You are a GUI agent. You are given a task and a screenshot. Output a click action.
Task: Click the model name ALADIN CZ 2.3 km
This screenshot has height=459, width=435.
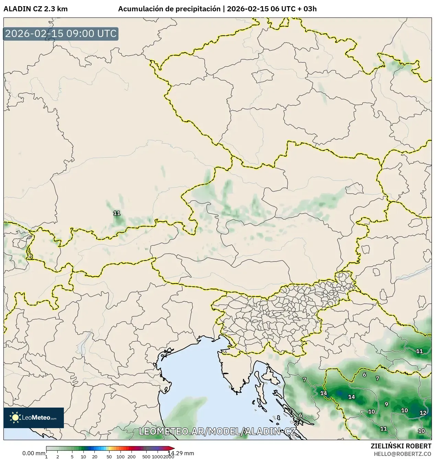tap(35, 9)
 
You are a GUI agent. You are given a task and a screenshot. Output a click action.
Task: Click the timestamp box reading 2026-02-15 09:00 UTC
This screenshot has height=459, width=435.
tap(61, 34)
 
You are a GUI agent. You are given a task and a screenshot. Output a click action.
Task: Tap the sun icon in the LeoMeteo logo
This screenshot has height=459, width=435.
tap(15, 417)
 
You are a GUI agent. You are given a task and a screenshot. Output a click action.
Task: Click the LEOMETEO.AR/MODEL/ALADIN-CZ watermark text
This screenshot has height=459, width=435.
tap(217, 431)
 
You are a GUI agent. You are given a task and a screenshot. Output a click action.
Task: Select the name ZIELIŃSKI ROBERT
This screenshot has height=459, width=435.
tap(401, 446)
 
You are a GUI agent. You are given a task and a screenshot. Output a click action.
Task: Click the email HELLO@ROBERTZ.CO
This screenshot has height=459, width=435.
tap(402, 454)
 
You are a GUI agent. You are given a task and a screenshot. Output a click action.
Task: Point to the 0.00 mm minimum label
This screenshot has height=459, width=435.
tap(33, 453)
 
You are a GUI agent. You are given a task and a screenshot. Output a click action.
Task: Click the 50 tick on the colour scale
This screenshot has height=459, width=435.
tap(109, 457)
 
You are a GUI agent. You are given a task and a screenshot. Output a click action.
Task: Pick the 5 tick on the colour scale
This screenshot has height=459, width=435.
tap(72, 457)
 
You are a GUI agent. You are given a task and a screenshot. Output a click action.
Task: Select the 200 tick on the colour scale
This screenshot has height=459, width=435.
tap(131, 457)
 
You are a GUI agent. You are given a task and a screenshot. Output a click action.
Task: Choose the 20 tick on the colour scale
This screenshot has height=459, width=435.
tap(95, 457)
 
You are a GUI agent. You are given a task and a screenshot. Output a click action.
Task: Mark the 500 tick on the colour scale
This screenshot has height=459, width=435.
tap(146, 457)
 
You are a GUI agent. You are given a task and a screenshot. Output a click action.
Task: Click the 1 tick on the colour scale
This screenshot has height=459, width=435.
tap(46, 457)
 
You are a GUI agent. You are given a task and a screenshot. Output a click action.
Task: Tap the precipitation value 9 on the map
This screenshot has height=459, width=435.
tap(386, 404)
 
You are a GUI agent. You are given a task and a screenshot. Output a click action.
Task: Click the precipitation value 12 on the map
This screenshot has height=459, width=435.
tap(423, 413)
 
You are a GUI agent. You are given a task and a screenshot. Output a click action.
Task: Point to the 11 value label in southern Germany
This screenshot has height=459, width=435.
tap(117, 213)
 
